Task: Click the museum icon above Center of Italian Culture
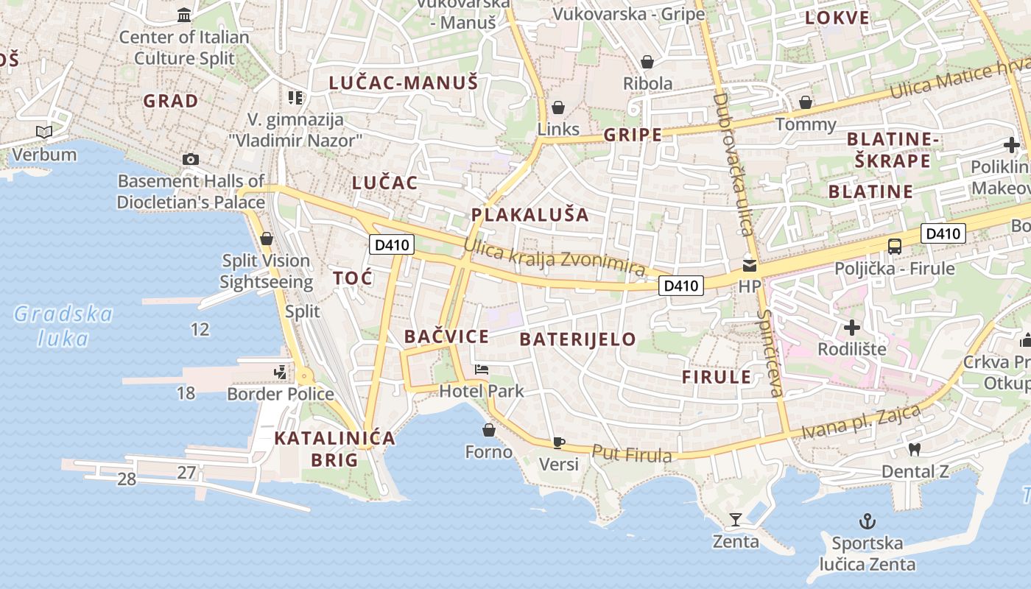[184, 15]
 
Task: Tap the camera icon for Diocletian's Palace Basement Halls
[190, 159]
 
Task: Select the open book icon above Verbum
[44, 133]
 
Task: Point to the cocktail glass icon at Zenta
[735, 520]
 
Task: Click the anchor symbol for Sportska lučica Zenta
[868, 522]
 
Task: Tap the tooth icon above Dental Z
[915, 449]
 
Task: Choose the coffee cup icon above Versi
[559, 442]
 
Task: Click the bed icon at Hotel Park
[482, 369]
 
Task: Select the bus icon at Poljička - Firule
[895, 247]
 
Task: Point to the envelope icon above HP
[750, 265]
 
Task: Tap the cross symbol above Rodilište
[852, 327]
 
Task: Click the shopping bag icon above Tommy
[806, 102]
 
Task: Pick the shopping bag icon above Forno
[488, 430]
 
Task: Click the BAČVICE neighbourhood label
[446, 337]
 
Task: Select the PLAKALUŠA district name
[530, 215]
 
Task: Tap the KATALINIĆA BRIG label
[334, 449]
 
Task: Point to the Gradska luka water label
[63, 326]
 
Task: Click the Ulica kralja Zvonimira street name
[555, 259]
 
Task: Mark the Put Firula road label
[632, 454]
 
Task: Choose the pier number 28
[127, 479]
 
